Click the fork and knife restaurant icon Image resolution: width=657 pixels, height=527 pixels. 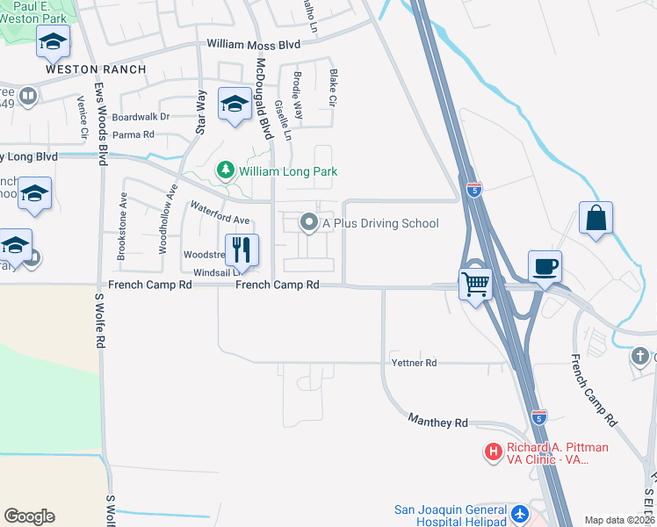[242, 249]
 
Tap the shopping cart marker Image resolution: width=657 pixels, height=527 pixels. [475, 284]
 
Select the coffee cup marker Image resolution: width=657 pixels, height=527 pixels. [544, 265]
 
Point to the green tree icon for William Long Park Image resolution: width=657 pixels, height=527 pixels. [226, 170]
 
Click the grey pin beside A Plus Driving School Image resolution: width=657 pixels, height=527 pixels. [308, 223]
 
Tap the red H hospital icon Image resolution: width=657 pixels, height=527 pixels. [493, 451]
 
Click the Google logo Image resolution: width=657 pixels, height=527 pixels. [29, 516]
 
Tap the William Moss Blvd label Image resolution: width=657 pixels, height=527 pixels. [253, 44]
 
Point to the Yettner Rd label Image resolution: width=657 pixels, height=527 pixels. [414, 363]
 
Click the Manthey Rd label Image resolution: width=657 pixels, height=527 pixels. [437, 422]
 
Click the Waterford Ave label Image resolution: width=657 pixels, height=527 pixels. [220, 213]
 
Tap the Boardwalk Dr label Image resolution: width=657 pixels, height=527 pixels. [141, 116]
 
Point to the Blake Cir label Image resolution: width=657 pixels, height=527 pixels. [332, 88]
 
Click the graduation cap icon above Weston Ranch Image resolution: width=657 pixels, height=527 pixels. [53, 41]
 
